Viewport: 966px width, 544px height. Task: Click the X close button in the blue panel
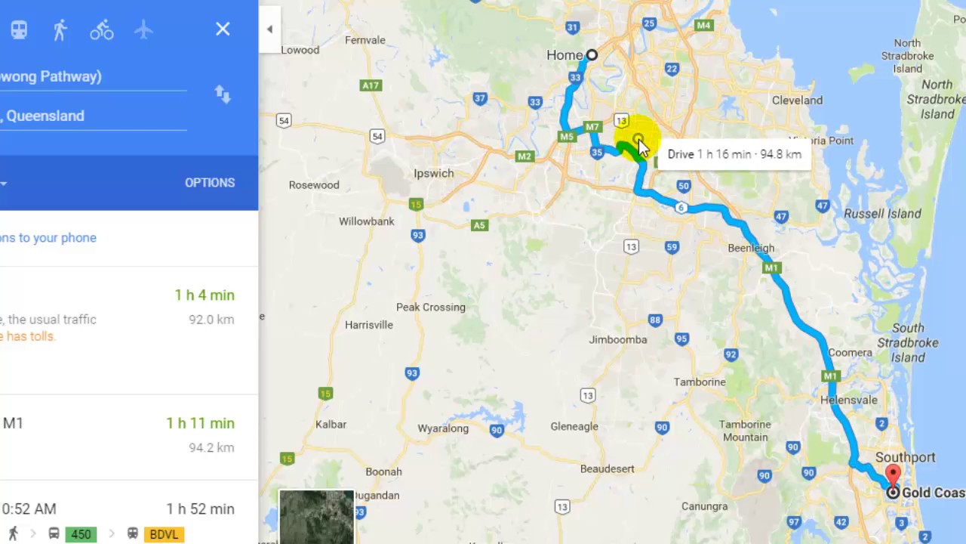223,29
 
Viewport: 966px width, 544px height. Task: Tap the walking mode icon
60,30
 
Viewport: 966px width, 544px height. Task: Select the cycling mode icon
102,30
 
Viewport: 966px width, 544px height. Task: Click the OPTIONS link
210,183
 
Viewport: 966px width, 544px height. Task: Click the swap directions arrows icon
222,94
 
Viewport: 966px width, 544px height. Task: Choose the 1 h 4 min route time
205,295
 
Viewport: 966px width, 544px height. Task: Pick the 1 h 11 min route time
201,423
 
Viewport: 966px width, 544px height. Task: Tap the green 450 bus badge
81,534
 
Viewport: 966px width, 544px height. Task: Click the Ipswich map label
434,173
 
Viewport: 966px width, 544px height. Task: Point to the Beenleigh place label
751,248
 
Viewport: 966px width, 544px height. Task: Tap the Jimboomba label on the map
618,339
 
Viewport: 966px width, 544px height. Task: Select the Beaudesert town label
608,468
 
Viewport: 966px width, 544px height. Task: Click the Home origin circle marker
592,55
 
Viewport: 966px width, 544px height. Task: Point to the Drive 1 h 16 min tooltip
734,154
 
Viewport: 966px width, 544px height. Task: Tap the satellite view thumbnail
316,517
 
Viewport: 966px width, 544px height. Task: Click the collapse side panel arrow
269,29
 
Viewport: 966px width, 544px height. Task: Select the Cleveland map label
797,100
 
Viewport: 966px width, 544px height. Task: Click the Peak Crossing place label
431,307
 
